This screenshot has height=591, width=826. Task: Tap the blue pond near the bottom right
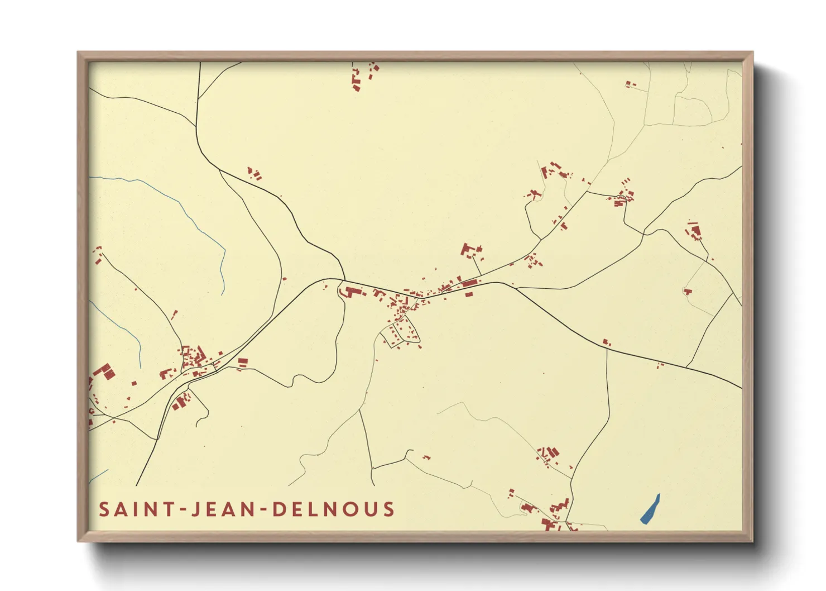tap(650, 509)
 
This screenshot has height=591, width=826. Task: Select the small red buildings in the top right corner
tap(630, 84)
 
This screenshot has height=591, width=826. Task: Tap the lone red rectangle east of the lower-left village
tap(242, 362)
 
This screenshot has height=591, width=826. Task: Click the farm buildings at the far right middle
tap(694, 230)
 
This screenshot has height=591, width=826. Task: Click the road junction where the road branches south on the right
tap(607, 350)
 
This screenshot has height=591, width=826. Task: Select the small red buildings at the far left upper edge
tap(98, 255)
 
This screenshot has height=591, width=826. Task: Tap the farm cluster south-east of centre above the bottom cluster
tap(550, 455)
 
